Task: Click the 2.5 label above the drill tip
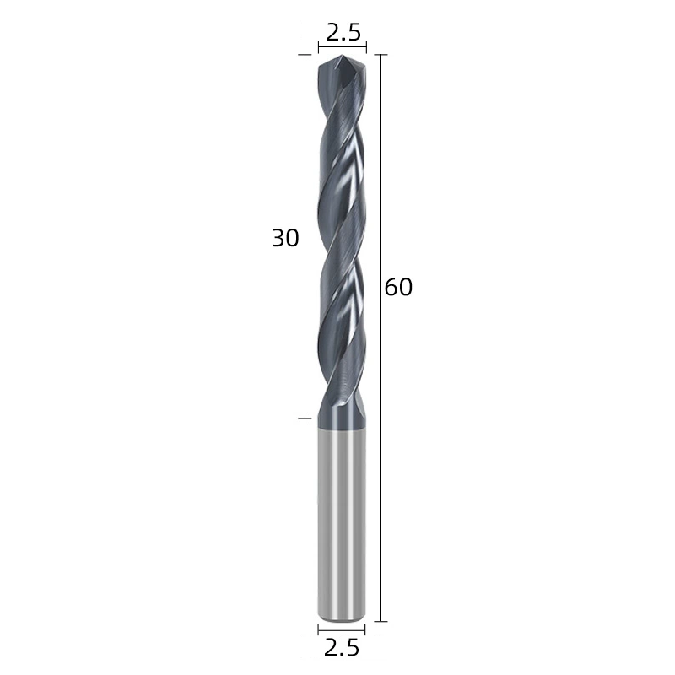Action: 343,33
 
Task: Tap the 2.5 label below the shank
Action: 342,647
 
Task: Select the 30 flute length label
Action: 285,238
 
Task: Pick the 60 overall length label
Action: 398,287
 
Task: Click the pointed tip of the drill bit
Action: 342,56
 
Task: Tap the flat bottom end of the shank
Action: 342,620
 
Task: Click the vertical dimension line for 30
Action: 305,236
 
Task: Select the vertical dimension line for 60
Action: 381,338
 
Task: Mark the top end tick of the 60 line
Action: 381,55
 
